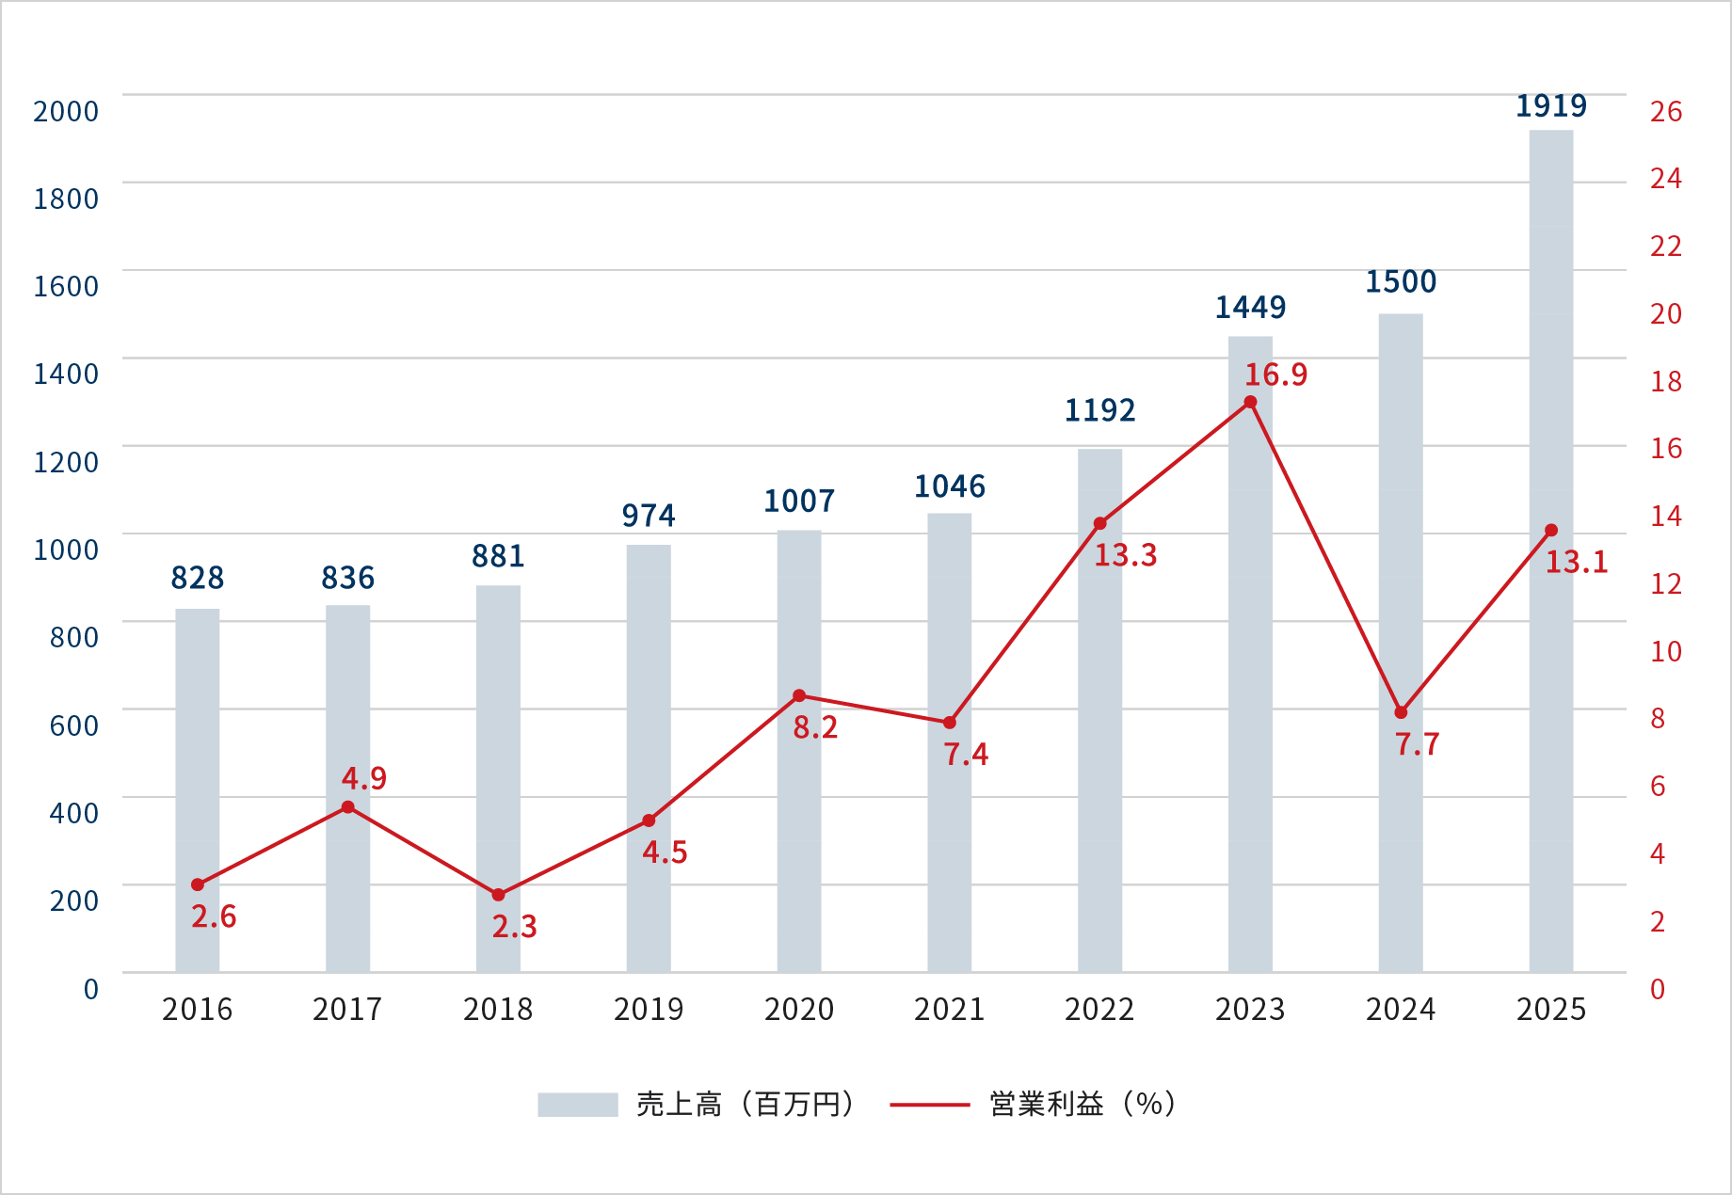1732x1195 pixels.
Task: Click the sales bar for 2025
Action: pos(1550,550)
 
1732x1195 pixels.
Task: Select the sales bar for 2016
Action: pos(198,790)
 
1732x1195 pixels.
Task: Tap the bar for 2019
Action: pos(649,757)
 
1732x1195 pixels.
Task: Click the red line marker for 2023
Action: pos(1250,403)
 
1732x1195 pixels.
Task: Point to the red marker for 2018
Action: pos(498,895)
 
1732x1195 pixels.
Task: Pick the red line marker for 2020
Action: pos(799,696)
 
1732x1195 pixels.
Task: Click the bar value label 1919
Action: pos(1550,106)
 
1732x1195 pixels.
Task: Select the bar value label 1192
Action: pos(1099,410)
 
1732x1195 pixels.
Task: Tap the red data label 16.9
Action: pos(1275,375)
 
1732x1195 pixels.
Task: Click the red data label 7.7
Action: pos(1417,745)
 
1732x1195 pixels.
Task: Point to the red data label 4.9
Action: pos(363,779)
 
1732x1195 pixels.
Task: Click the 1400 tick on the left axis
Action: pos(66,374)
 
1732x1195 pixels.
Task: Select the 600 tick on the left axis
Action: pos(73,725)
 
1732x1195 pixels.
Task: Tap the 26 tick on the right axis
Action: pos(1665,112)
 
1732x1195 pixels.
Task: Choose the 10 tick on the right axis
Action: pos(1665,651)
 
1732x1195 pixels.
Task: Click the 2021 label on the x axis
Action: pos(949,1010)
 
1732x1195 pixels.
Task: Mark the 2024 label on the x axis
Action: pos(1400,1010)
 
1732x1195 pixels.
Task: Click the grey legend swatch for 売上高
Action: pos(577,1105)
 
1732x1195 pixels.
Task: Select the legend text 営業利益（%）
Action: pos(1082,1105)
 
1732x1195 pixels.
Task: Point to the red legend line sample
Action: pos(929,1105)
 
